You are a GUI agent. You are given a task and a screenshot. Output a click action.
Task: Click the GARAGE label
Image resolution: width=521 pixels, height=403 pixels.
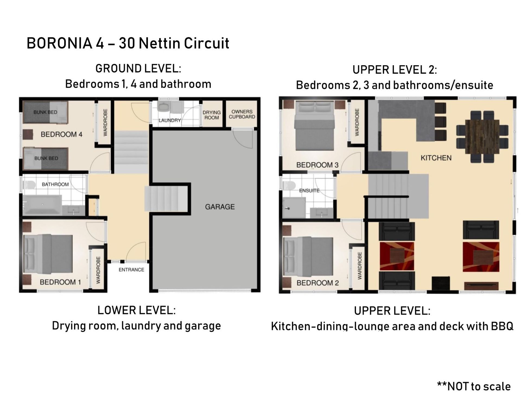click(x=220, y=207)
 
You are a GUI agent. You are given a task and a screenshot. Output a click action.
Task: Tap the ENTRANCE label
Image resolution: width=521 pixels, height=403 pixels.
click(x=131, y=270)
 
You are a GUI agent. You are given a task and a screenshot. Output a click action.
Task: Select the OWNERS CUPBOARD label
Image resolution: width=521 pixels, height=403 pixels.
click(x=242, y=114)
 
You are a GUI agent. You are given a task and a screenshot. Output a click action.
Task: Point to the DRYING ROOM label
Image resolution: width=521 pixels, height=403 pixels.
click(x=212, y=115)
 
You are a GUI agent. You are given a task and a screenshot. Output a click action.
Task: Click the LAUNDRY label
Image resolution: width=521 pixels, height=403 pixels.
click(x=170, y=120)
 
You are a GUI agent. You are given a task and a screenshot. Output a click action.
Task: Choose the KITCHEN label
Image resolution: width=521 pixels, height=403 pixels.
click(x=436, y=158)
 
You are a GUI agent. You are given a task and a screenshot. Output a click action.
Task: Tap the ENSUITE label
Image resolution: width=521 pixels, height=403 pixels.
click(x=309, y=191)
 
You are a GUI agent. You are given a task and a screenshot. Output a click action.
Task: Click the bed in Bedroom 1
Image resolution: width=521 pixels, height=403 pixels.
click(x=48, y=254)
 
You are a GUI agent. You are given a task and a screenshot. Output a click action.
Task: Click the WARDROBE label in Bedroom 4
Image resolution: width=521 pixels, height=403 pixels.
click(x=105, y=122)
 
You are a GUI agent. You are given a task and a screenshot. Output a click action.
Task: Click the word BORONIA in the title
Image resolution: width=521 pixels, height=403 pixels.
click(x=59, y=43)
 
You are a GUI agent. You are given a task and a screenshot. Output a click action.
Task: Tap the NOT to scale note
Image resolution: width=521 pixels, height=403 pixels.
click(x=474, y=386)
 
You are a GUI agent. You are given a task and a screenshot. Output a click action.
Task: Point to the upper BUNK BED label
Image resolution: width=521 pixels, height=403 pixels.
click(x=45, y=112)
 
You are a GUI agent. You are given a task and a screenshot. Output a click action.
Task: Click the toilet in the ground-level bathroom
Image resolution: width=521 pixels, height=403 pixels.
click(x=29, y=185)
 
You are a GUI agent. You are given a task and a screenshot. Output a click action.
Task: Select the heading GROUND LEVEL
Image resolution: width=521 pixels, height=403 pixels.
click(x=138, y=68)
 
